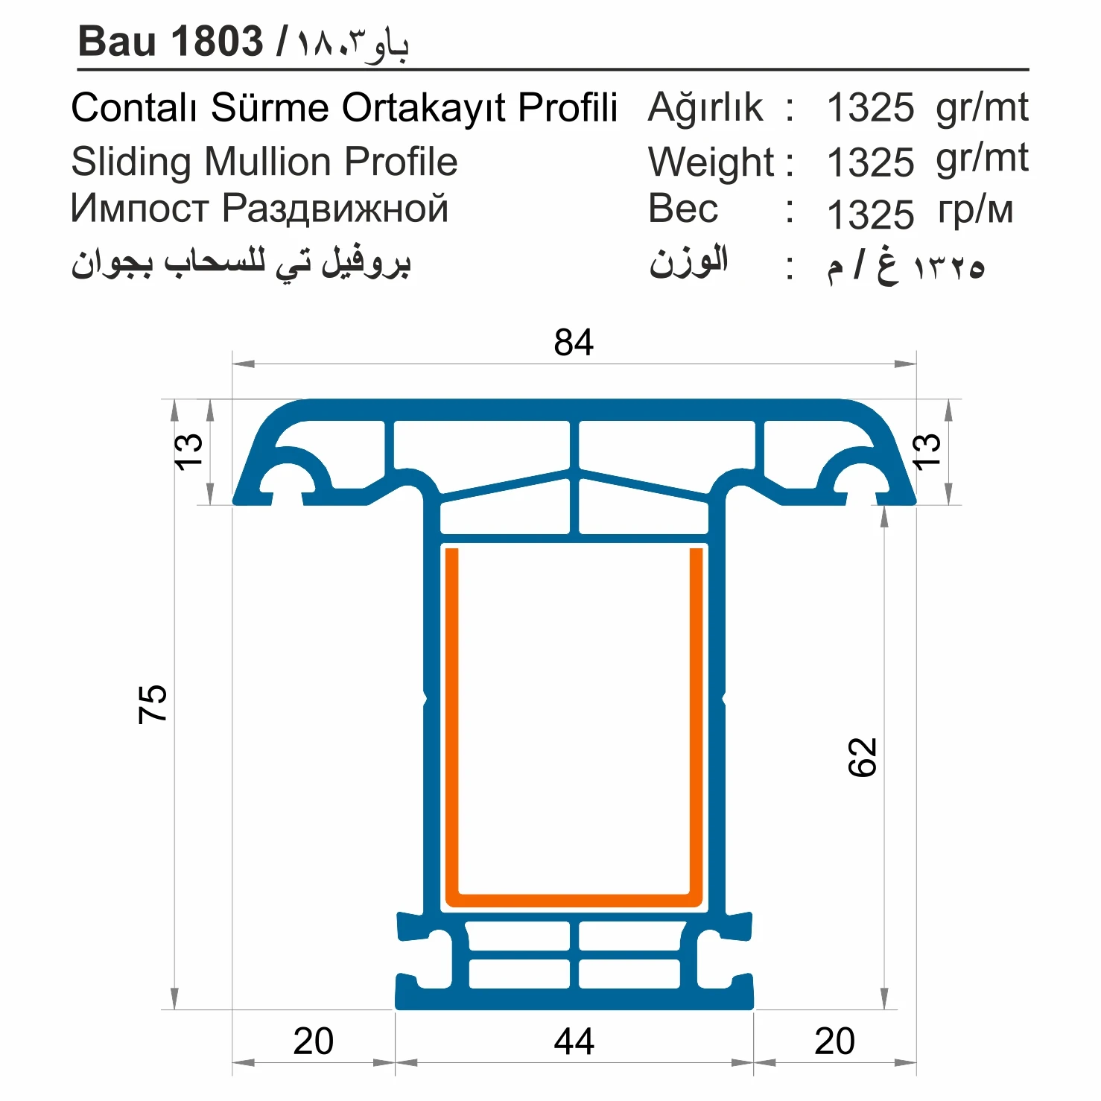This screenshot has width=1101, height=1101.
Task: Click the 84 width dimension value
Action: [x=574, y=343]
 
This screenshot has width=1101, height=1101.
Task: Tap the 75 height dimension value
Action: [x=153, y=703]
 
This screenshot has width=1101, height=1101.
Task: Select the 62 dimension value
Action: [x=863, y=758]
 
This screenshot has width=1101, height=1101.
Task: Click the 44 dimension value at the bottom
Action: [x=574, y=1041]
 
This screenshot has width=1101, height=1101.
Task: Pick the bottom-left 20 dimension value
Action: [x=313, y=1041]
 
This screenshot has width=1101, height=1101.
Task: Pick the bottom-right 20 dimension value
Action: [x=834, y=1041]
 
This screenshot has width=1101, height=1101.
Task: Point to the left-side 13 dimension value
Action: [x=188, y=451]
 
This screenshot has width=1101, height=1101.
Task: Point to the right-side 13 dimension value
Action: [x=926, y=451]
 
